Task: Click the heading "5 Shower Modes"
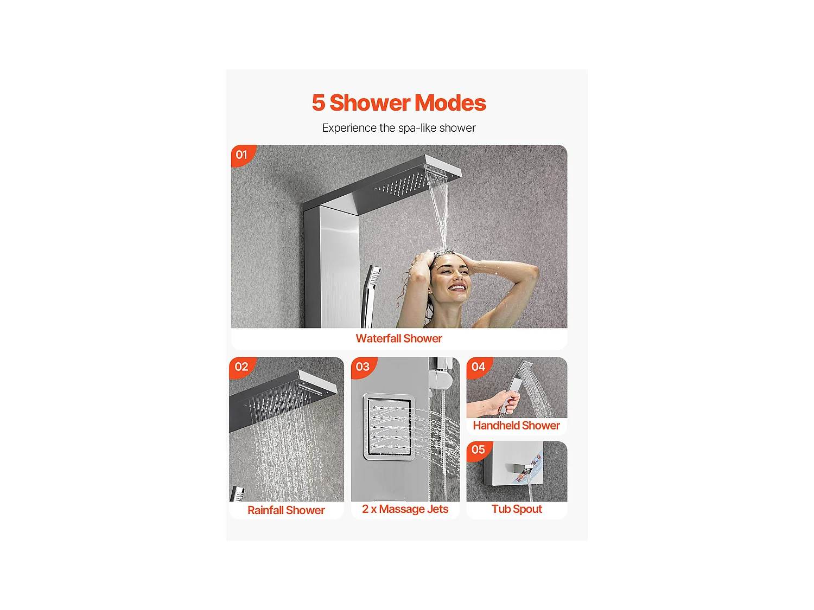point(399,102)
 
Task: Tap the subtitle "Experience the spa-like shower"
point(399,128)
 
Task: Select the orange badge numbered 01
point(242,155)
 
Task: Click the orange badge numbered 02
point(242,367)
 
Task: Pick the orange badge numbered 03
point(363,367)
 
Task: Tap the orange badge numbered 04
point(479,367)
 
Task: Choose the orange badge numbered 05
point(479,450)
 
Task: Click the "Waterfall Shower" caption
point(399,338)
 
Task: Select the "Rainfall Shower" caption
point(286,510)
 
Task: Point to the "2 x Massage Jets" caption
point(405,509)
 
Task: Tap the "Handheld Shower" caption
point(516,425)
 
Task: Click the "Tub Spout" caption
point(517,509)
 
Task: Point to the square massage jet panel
point(389,427)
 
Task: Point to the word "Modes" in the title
point(450,102)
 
